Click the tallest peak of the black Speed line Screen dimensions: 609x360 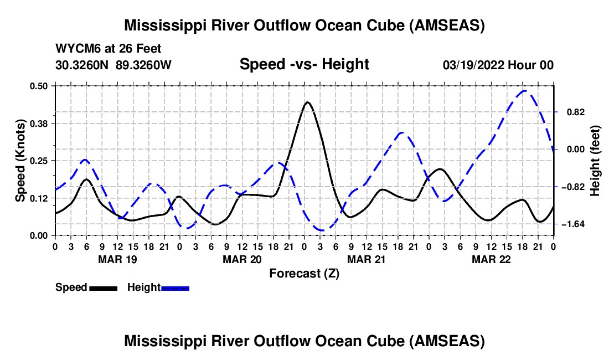tap(307, 102)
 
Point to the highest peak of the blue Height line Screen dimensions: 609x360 tap(524, 91)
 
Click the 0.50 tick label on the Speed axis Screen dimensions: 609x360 tap(38, 86)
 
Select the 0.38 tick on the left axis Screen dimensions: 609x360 tap(38, 124)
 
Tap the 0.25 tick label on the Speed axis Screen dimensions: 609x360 tap(38, 161)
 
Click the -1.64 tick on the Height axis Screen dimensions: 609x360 tap(573, 224)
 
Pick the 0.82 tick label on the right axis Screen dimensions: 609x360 tap(576, 112)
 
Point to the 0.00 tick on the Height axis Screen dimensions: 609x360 tap(576, 150)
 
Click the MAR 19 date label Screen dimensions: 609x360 tap(117, 259)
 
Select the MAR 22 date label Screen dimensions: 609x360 tap(491, 259)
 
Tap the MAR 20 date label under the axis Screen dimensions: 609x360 tap(242, 259)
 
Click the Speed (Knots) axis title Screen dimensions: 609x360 tap(20, 161)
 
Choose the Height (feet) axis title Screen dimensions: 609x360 tap(595, 161)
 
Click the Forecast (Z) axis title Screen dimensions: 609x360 tap(304, 274)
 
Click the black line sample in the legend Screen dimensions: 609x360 tap(104, 288)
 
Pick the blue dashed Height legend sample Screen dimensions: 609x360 tap(175, 288)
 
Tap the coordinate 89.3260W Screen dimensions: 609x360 tap(143, 65)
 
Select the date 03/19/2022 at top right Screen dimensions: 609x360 tap(473, 65)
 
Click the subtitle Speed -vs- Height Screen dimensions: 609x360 tap(304, 64)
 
